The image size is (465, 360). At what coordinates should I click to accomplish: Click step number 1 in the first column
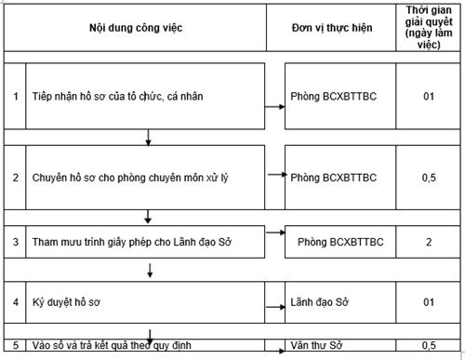tap(15, 97)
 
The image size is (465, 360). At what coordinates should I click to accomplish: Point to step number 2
tap(15, 176)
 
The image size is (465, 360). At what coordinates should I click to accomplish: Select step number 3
tap(15, 242)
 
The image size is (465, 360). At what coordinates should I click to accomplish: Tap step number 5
tap(15, 346)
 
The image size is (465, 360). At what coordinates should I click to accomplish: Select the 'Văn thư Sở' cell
tap(317, 346)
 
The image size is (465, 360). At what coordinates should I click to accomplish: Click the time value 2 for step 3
tap(427, 242)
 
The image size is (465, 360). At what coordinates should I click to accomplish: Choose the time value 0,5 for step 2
tap(427, 176)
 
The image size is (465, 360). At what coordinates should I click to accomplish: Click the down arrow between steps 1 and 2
tap(149, 139)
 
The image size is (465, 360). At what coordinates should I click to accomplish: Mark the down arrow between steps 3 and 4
tap(149, 272)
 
